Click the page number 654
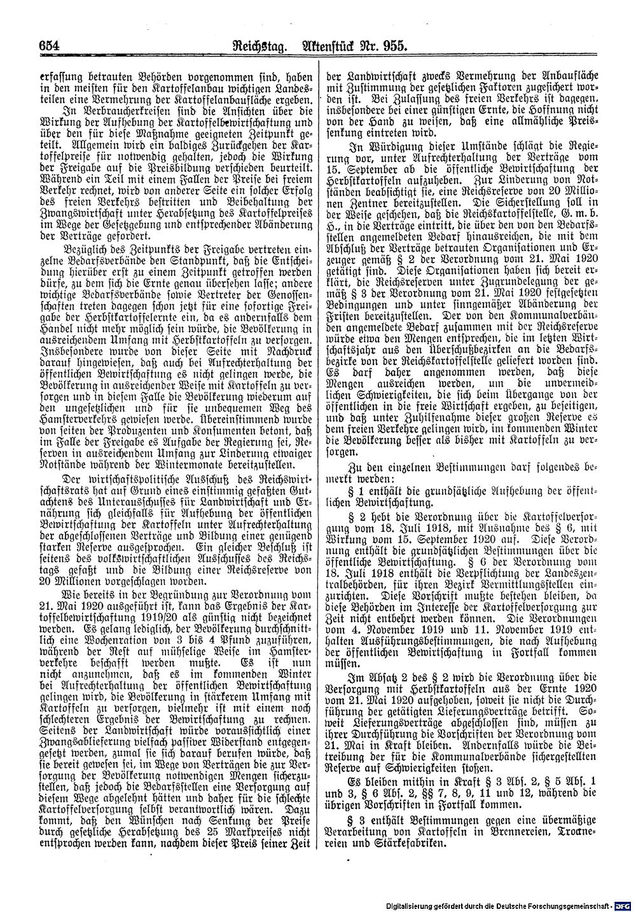pos(48,46)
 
